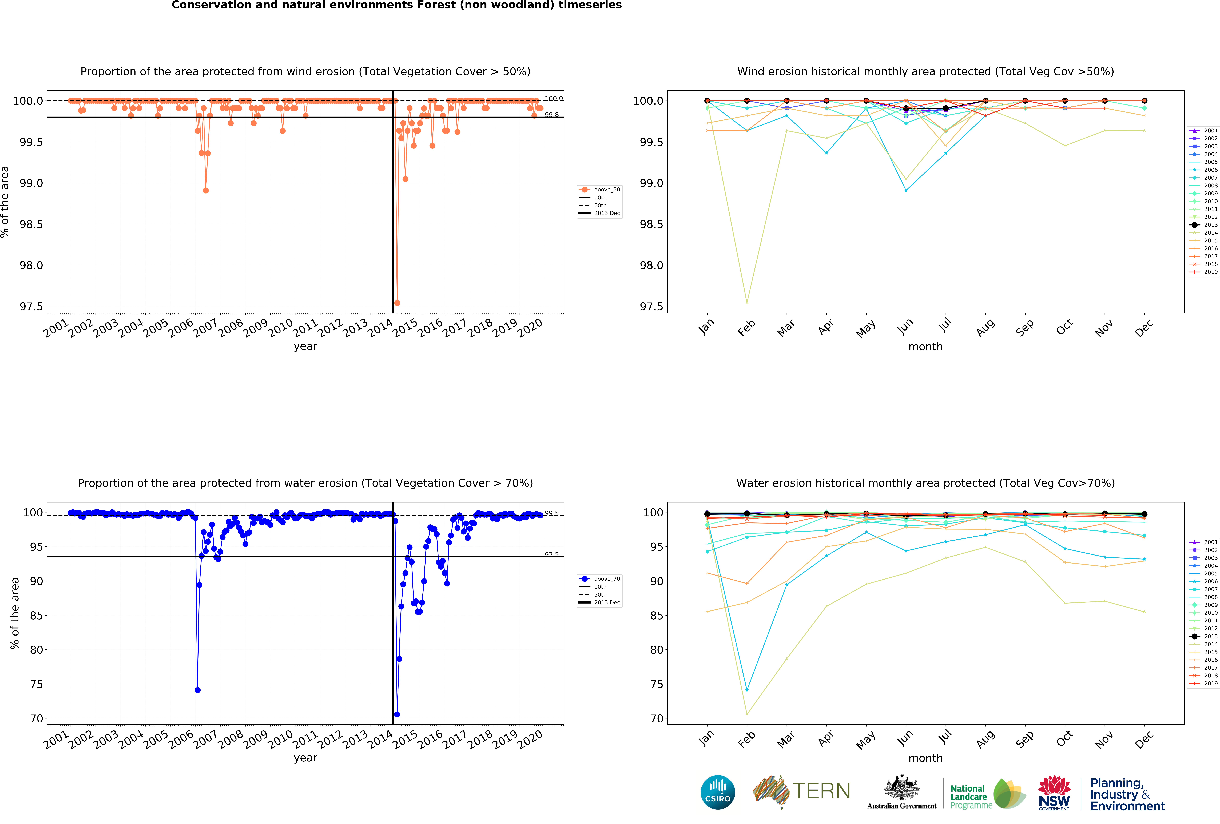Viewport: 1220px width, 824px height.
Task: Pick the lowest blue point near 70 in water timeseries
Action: pos(397,714)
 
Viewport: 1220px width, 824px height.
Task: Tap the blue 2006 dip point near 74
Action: pos(197,690)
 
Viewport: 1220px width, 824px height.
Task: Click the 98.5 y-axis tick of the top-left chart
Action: pos(31,224)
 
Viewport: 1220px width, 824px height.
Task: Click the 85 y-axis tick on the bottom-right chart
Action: pos(657,616)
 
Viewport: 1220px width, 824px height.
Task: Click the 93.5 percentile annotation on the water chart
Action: pos(551,554)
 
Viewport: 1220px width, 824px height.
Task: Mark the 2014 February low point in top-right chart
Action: pos(746,302)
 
